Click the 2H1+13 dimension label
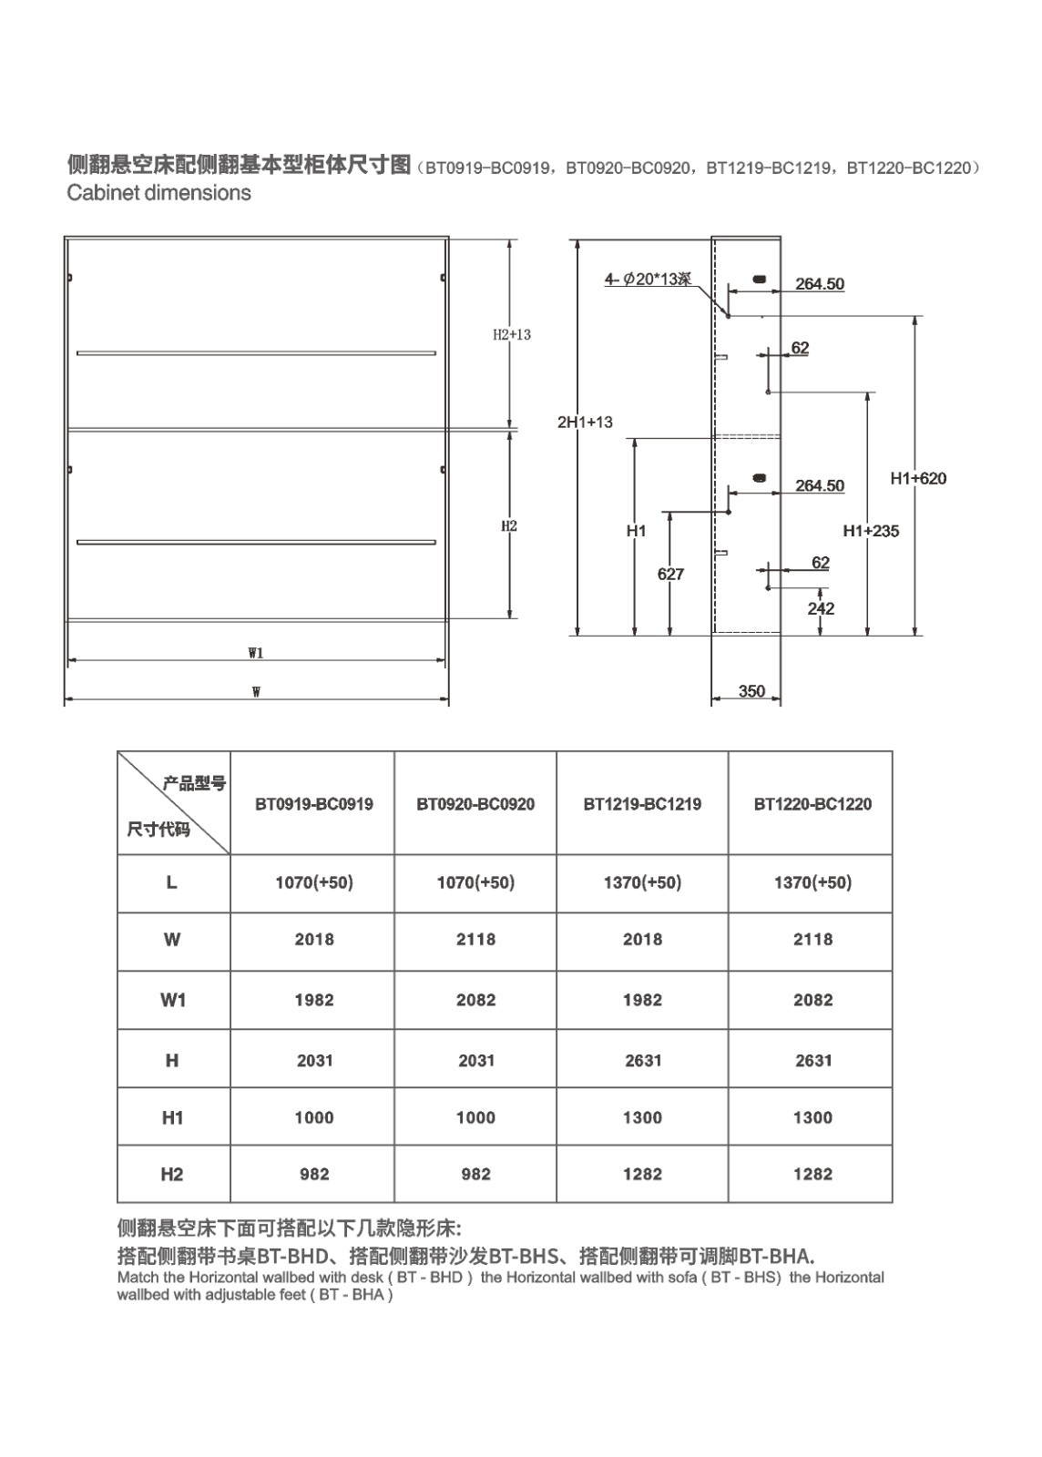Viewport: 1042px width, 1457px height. pos(585,423)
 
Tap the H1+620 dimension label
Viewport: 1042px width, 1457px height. pos(918,479)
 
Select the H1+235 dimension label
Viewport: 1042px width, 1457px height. pos(871,531)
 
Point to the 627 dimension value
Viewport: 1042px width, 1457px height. pos(670,574)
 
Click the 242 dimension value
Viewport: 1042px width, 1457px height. pos(821,608)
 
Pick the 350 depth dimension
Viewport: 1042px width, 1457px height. pos(752,691)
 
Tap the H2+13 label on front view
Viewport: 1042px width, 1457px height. pos(512,334)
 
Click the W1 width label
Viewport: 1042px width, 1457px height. pos(256,653)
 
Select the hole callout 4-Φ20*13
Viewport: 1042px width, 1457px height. pos(648,279)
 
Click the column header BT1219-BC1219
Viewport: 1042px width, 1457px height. pos(642,804)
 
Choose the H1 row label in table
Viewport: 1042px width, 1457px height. pos(172,1117)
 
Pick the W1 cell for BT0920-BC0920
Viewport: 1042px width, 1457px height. pos(475,1000)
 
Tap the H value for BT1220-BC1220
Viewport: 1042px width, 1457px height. pos(813,1060)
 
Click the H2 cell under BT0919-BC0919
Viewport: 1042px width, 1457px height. pos(314,1174)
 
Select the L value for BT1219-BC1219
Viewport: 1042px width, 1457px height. pos(642,882)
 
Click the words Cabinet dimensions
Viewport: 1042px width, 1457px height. pos(158,192)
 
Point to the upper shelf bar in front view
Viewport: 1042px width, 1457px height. pos(256,353)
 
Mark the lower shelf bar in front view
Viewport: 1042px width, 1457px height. pos(256,542)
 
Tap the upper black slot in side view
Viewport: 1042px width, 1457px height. pos(759,279)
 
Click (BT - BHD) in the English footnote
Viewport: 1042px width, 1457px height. pos(430,1277)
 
